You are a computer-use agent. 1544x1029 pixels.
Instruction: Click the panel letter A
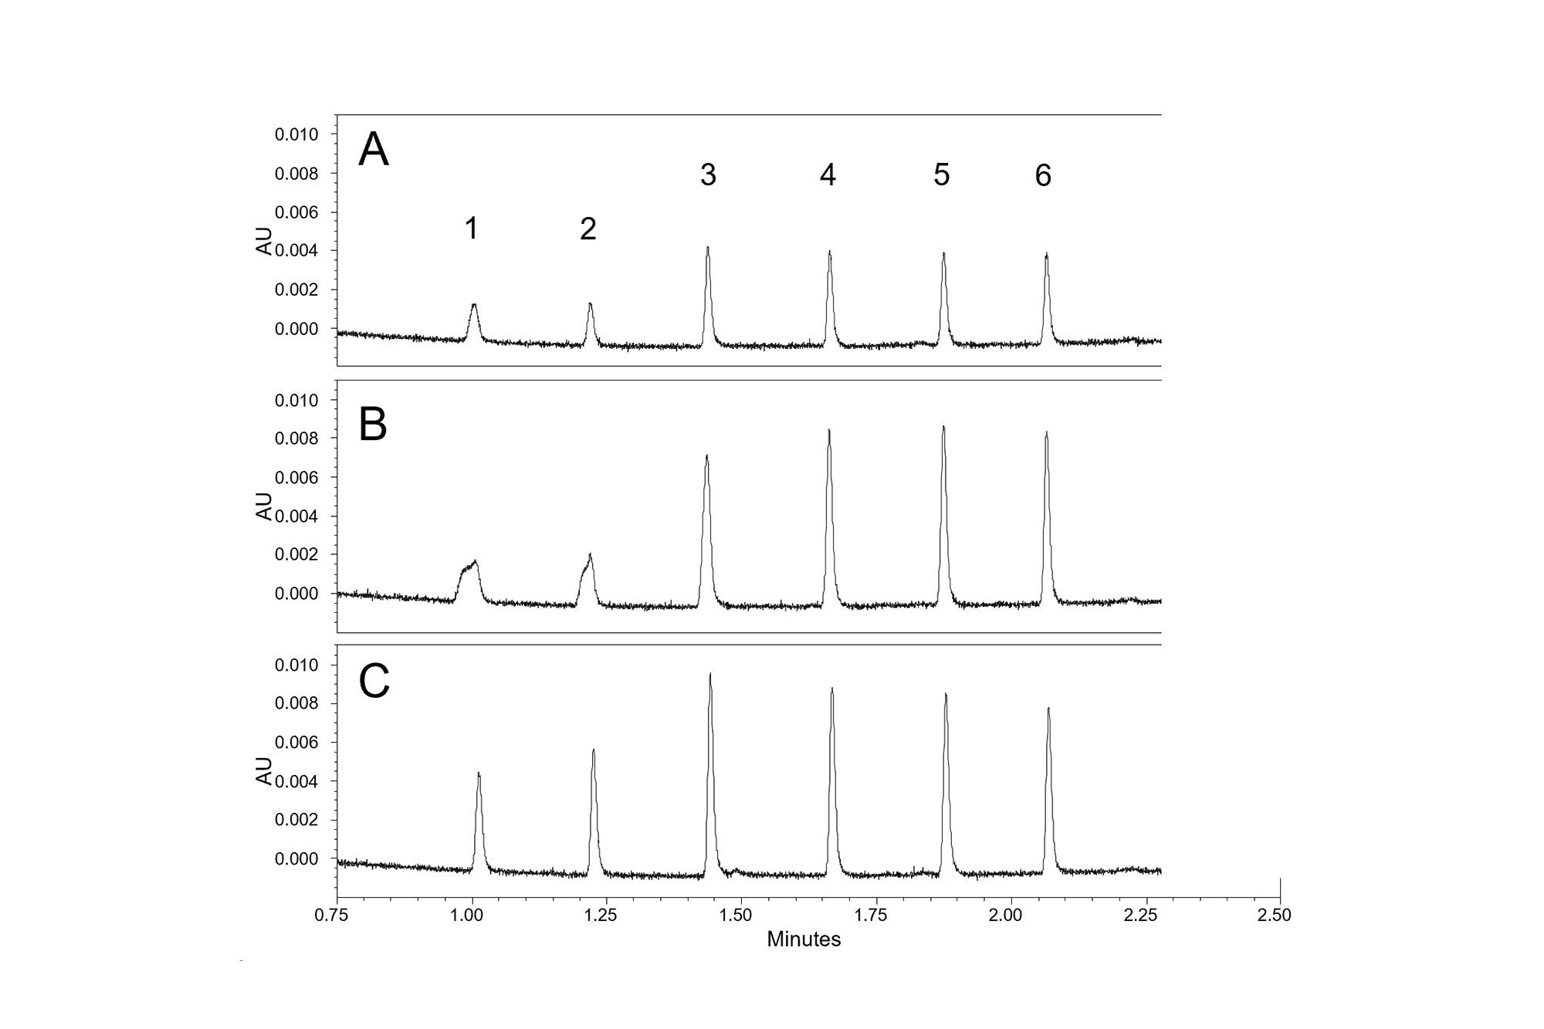[374, 150]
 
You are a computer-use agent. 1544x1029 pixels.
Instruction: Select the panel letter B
[373, 424]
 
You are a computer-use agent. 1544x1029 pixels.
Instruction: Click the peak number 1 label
[471, 228]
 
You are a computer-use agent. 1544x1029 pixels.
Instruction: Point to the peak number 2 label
[587, 228]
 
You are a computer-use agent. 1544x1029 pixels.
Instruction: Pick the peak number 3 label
[708, 175]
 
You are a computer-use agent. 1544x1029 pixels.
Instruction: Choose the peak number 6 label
[1043, 176]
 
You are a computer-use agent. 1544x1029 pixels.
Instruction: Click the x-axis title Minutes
[804, 939]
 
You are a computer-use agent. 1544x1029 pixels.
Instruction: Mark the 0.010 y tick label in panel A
[296, 135]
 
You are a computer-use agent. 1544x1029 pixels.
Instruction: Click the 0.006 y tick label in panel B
[296, 478]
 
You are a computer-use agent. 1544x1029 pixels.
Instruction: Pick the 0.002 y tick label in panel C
[296, 820]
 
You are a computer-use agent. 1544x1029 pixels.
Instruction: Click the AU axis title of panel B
[265, 506]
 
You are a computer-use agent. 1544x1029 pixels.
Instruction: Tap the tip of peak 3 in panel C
[710, 674]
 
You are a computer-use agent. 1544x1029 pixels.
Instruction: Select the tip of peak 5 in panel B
[943, 426]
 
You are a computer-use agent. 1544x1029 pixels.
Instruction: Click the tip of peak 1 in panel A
[474, 304]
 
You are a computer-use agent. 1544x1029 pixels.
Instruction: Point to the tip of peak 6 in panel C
[1048, 708]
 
